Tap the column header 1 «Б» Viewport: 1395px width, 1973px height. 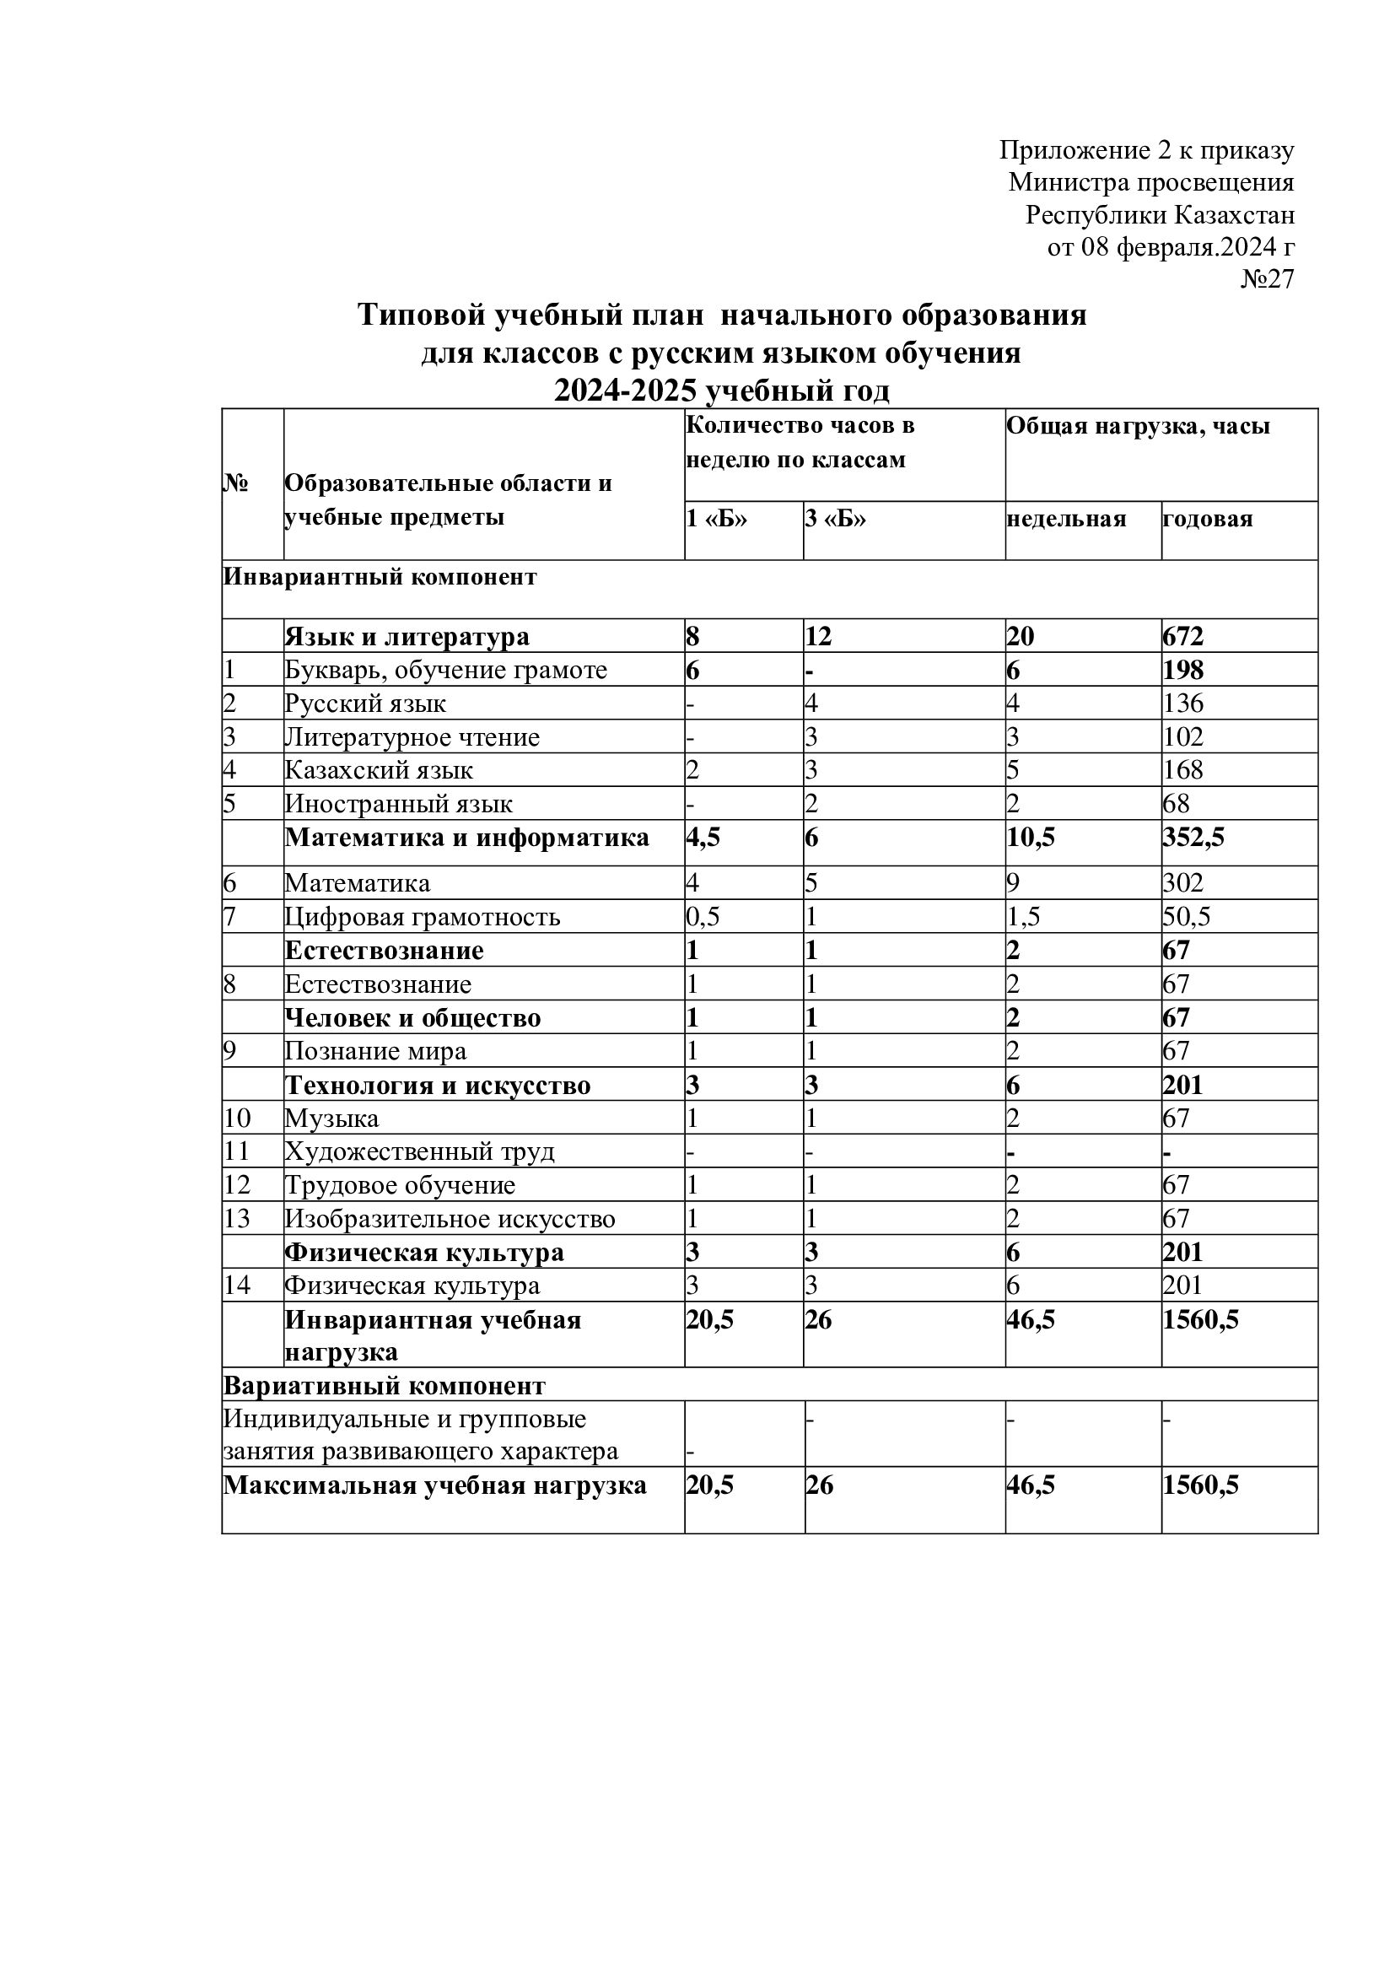(x=716, y=519)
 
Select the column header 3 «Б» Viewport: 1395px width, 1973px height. (x=835, y=519)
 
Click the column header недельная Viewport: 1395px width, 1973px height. (x=1066, y=519)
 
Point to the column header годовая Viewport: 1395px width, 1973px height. (x=1208, y=519)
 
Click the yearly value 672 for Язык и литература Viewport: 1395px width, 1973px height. (x=1183, y=637)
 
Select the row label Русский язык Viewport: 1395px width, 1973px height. (x=366, y=703)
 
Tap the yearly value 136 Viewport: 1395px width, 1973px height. (x=1183, y=703)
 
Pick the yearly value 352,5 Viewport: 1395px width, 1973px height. (x=1194, y=838)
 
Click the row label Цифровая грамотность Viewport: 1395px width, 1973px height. (x=423, y=917)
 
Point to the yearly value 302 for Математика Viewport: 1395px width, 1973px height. (x=1183, y=883)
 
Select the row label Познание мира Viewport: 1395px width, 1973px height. (x=375, y=1051)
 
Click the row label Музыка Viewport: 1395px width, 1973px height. (x=331, y=1119)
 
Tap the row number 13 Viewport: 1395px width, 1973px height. (x=237, y=1220)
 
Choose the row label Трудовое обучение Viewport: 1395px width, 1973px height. (x=401, y=1186)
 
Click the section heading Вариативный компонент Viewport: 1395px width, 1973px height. (x=384, y=1386)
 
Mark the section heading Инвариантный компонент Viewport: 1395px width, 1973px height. (x=380, y=577)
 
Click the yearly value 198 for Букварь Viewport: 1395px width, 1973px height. (x=1183, y=671)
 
